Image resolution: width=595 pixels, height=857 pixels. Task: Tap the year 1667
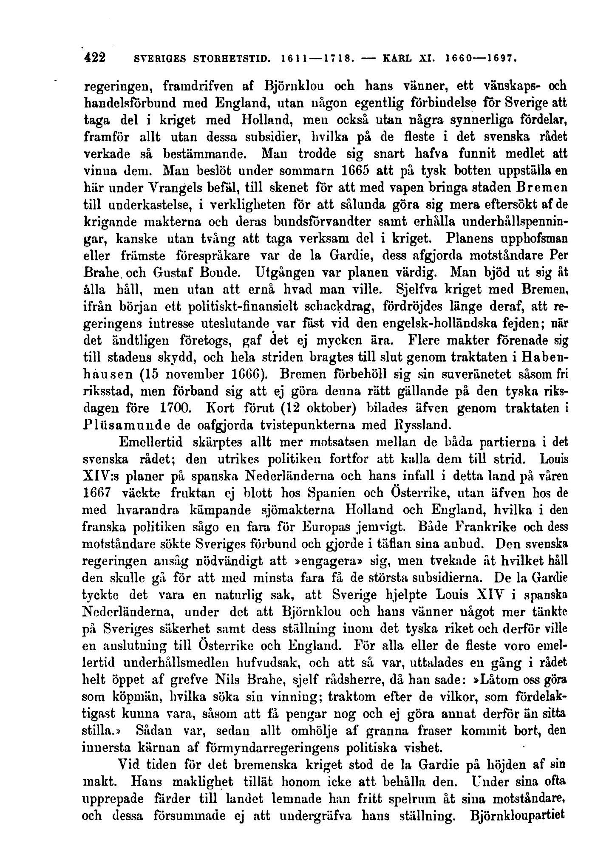(x=96, y=493)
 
